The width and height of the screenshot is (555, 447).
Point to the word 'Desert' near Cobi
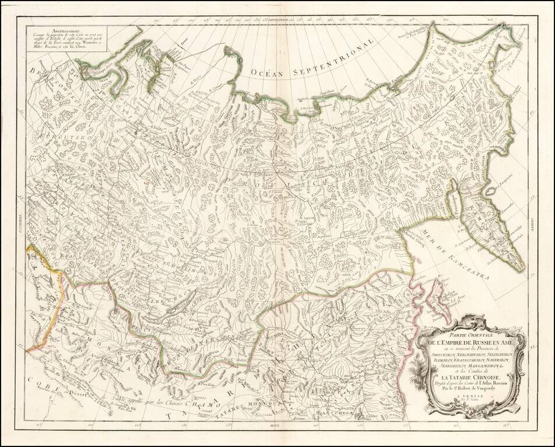coord(88,395)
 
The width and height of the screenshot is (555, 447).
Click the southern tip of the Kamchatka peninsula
coord(521,269)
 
